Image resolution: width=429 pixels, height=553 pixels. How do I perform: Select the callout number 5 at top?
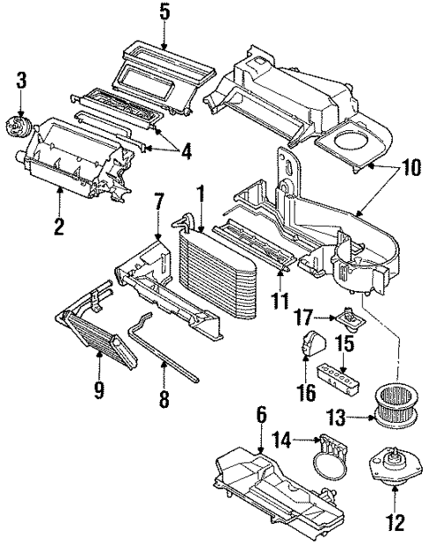[x=164, y=12]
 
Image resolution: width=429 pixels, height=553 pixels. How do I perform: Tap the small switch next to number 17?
[x=349, y=317]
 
